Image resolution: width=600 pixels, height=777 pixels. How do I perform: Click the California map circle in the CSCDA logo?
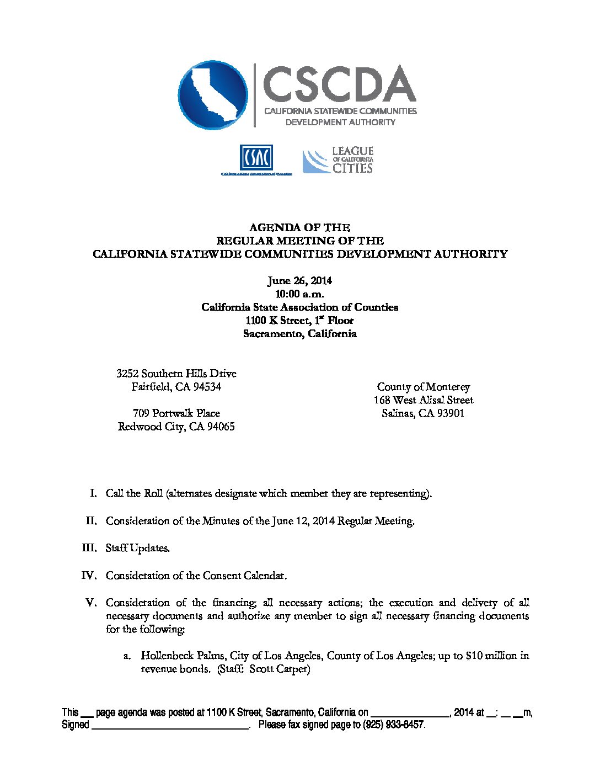point(213,95)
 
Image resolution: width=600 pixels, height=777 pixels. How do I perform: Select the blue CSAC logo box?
point(256,158)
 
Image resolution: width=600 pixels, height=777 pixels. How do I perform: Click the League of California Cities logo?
point(337,160)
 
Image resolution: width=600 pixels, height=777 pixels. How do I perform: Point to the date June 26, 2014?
point(299,281)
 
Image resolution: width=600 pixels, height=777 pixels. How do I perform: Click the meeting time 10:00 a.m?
point(299,294)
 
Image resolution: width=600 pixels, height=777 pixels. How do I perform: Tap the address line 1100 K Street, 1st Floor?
point(299,321)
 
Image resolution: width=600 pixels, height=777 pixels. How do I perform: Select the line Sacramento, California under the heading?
point(299,334)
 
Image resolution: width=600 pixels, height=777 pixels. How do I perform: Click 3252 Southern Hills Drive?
point(176,374)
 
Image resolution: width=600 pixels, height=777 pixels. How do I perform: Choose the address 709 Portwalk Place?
point(176,413)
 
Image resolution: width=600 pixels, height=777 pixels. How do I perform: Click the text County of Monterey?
point(423,387)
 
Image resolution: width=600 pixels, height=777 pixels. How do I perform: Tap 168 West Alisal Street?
point(423,400)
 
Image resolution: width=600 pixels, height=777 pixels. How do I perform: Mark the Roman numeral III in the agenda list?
point(89,548)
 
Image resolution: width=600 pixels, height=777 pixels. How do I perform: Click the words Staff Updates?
point(138,548)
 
